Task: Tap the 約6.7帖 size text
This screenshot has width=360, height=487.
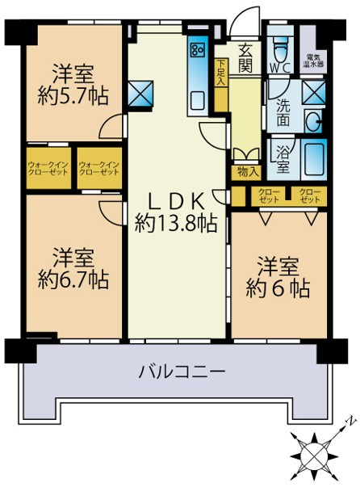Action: [x=73, y=280]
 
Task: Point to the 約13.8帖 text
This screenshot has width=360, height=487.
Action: [x=176, y=224]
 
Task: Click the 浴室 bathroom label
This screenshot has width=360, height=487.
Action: [x=283, y=159]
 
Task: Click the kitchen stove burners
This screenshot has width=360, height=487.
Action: [x=198, y=52]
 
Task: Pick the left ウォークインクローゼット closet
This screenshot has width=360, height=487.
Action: [x=50, y=168]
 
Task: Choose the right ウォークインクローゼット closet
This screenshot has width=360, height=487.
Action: [x=98, y=168]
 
